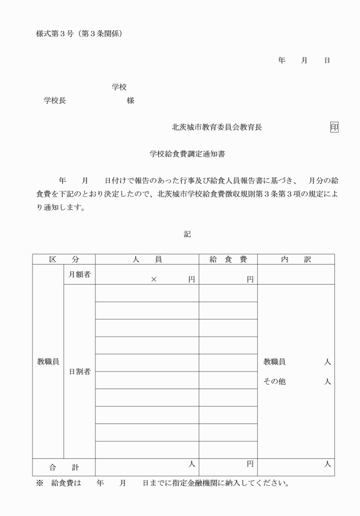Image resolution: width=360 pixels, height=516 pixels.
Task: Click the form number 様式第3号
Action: pyautogui.click(x=58, y=34)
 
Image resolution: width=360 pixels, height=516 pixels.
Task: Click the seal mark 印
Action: pyautogui.click(x=334, y=127)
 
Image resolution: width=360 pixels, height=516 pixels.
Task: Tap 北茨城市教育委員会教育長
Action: pyautogui.click(x=217, y=127)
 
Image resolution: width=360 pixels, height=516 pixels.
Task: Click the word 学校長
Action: pyautogui.click(x=55, y=101)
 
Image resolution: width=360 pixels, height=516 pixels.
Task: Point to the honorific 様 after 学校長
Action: pyautogui.click(x=130, y=101)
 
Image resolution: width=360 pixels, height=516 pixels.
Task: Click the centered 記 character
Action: pyautogui.click(x=187, y=234)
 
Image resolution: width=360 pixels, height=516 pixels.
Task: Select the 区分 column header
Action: pyautogui.click(x=63, y=259)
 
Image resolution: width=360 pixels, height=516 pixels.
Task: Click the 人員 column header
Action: pyautogui.click(x=147, y=259)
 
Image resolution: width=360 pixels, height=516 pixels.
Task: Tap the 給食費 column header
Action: pyautogui.click(x=228, y=259)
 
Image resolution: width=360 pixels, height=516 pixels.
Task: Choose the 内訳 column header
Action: pyautogui.click(x=295, y=259)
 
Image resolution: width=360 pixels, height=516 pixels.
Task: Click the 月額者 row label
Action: pyautogui.click(x=79, y=275)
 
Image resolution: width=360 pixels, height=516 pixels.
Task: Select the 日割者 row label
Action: pyautogui.click(x=79, y=371)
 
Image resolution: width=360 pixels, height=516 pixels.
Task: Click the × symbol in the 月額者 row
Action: pyautogui.click(x=153, y=279)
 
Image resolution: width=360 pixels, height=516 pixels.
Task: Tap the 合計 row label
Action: pyautogui.click(x=63, y=467)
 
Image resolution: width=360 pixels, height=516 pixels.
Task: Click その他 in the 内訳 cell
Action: pyautogui.click(x=274, y=382)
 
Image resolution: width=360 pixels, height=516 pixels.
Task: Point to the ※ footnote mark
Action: pyautogui.click(x=39, y=483)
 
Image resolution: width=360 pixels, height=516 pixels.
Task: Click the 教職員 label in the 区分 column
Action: pyautogui.click(x=47, y=362)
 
